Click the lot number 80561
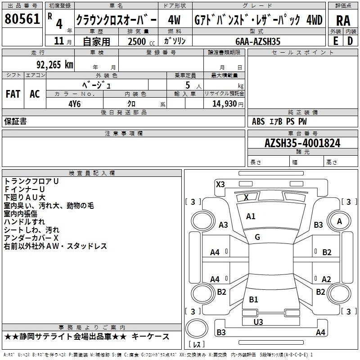pos(22,19)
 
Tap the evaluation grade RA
pos(343,21)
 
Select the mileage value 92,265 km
pos(55,65)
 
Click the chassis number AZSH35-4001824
pos(302,143)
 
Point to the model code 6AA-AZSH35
pos(258,41)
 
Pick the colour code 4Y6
pos(75,104)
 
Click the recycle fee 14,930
pos(225,104)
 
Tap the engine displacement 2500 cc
pos(141,41)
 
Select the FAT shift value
pos(13,94)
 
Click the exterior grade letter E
pos(336,41)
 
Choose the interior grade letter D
pos(350,41)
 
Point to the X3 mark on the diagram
pos(220,184)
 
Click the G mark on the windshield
pos(257,237)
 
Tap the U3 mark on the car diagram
pos(258,322)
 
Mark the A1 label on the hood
pos(251,216)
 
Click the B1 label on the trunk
pos(253,299)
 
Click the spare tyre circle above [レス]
pos(197,328)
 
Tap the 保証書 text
pos(15,121)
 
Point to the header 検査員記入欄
pos(92,173)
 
